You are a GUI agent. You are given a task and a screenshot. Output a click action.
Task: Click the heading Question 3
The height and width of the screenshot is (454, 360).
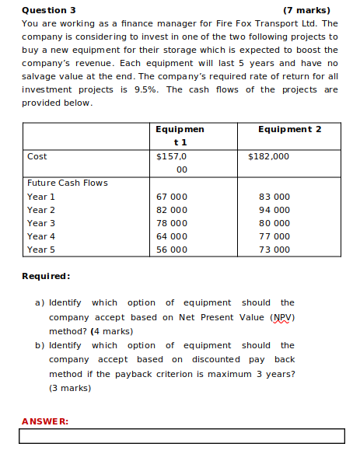[49, 10]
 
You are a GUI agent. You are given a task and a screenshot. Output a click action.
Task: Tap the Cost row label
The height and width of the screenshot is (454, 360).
[37, 156]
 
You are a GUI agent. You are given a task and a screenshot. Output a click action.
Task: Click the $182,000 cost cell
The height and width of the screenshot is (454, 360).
[268, 156]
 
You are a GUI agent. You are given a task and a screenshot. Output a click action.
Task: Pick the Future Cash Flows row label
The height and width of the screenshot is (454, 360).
[67, 183]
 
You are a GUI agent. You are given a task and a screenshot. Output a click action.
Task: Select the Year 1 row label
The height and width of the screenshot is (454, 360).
[41, 197]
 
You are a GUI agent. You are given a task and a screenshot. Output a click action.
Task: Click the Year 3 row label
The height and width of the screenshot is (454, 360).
[41, 223]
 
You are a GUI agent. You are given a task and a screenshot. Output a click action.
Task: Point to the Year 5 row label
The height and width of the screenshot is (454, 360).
[41, 250]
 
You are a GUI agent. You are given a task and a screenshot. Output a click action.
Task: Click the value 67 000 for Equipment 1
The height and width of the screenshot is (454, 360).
[171, 197]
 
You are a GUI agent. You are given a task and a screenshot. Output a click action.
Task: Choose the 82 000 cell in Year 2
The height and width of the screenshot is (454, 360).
[171, 210]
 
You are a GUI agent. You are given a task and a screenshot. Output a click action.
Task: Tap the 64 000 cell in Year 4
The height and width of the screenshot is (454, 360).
[171, 236]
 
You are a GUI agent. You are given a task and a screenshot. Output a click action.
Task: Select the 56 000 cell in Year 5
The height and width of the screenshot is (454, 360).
[171, 250]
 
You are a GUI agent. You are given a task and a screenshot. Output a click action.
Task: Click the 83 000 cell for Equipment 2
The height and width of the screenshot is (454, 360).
[274, 197]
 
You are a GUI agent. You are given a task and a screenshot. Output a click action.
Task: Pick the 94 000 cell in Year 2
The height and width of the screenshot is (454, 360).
[274, 210]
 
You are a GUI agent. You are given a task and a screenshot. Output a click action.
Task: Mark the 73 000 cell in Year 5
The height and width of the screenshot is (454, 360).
[274, 250]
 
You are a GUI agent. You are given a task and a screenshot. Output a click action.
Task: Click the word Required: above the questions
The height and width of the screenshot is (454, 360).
[46, 276]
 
